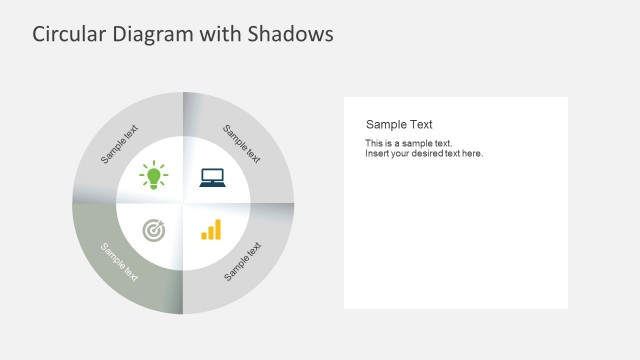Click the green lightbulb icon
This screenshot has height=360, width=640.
click(x=154, y=176)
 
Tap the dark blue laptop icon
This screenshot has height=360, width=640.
click(x=211, y=177)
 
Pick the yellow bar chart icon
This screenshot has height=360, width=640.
click(x=211, y=231)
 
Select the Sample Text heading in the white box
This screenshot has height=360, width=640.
click(x=399, y=124)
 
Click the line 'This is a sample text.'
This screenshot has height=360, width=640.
click(x=408, y=143)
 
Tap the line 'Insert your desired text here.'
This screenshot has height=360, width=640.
click(x=424, y=153)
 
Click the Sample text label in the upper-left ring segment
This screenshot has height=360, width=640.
click(x=120, y=144)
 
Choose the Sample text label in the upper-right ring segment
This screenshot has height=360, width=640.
click(x=242, y=144)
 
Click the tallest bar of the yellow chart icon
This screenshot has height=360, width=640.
click(x=218, y=229)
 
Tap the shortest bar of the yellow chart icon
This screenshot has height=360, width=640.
click(x=204, y=236)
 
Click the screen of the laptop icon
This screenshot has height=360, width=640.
click(x=211, y=176)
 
